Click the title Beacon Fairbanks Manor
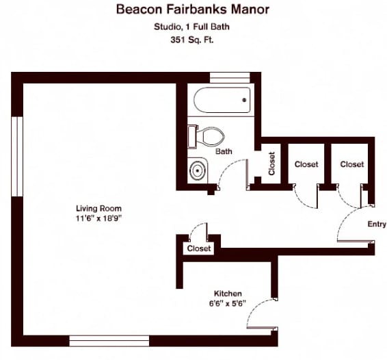coord(193,10)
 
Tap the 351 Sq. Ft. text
coord(191,40)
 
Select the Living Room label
coord(98,209)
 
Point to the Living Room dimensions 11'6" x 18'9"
coord(99,218)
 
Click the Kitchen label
coord(228,294)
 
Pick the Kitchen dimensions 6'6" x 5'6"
coord(228,303)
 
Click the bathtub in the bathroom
coord(222,100)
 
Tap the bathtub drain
coord(244,100)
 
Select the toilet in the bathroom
coord(206,137)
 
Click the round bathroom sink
coord(197,170)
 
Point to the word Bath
coord(224,151)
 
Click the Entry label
coord(377,224)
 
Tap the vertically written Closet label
coord(271,164)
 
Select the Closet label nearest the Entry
coord(352,164)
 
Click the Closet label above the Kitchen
coord(199,248)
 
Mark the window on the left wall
coord(17,157)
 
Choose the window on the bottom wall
coord(109,341)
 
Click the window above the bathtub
coord(230,77)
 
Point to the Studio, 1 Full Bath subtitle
coord(191,27)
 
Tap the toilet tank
coord(192,137)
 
